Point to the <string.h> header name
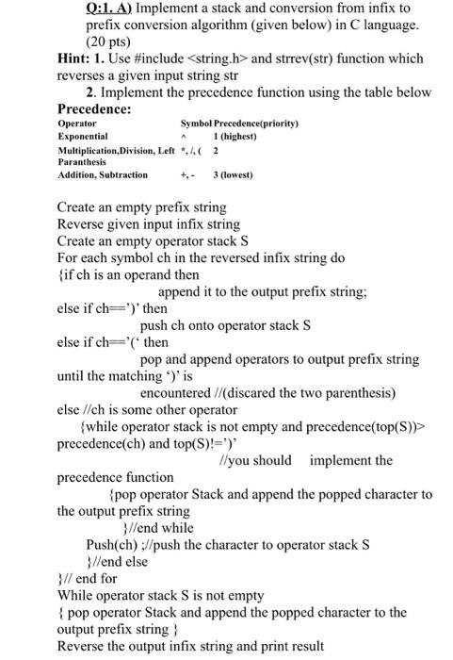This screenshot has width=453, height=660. click(x=211, y=58)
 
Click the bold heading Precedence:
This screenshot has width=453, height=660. click(x=93, y=108)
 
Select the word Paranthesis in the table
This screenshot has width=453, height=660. click(x=84, y=161)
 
